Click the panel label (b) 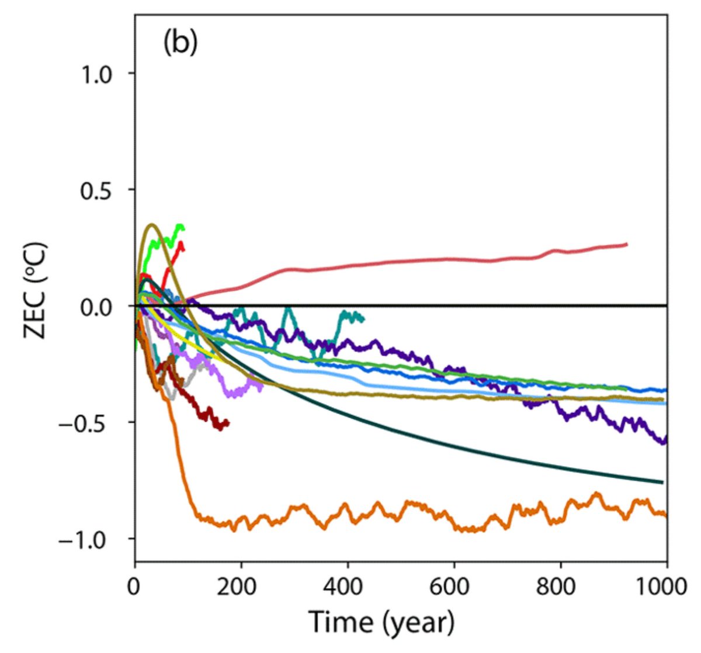[x=180, y=43]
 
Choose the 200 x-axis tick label [x=241, y=585]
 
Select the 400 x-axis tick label [x=348, y=585]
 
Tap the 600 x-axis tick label [x=454, y=585]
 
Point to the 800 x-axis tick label [x=560, y=585]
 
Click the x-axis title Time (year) [x=381, y=622]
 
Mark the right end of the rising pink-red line [x=627, y=244]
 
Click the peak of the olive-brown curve [x=152, y=224]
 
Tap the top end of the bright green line [x=182, y=227]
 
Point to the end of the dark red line [x=228, y=422]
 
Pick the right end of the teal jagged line [x=363, y=319]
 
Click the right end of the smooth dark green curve [x=662, y=482]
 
